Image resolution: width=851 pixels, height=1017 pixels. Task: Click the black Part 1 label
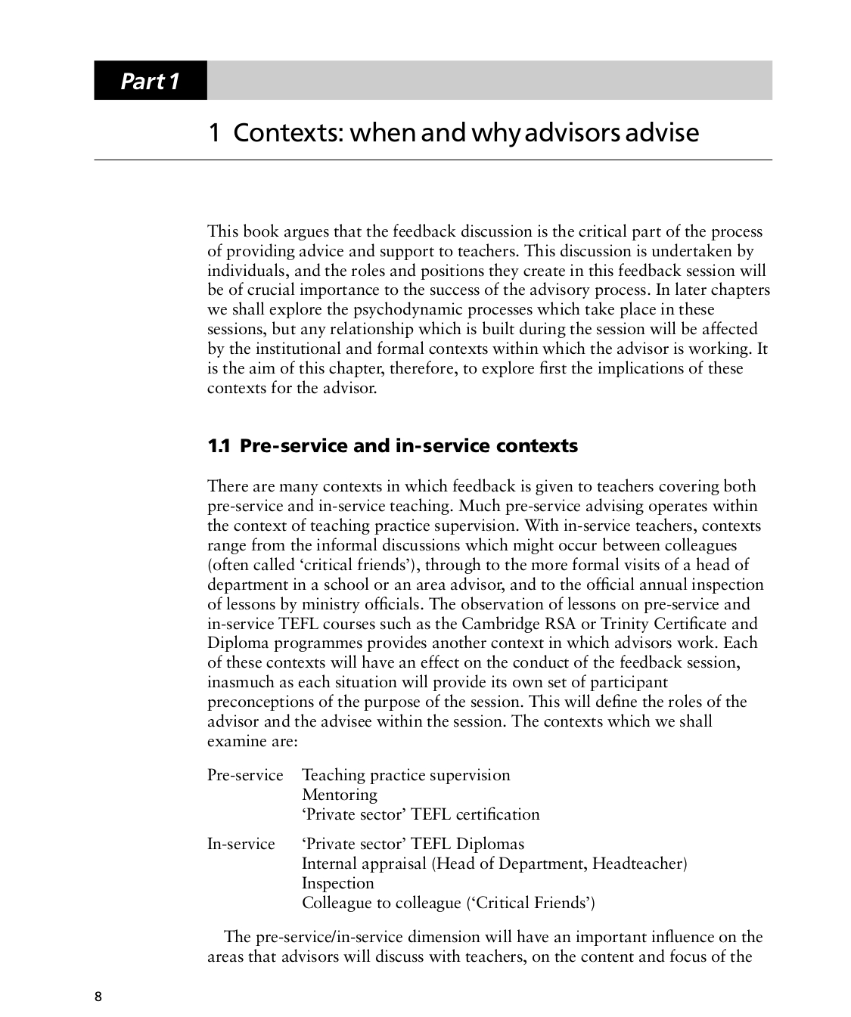150,81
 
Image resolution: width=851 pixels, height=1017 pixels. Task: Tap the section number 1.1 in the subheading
219,446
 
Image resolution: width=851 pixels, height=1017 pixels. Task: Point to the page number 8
98,996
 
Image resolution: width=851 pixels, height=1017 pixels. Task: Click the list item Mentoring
339,795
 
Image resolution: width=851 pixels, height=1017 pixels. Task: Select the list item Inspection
337,883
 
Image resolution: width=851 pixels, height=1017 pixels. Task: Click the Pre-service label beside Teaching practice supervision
245,775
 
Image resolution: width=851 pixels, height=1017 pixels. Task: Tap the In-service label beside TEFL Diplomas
241,844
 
